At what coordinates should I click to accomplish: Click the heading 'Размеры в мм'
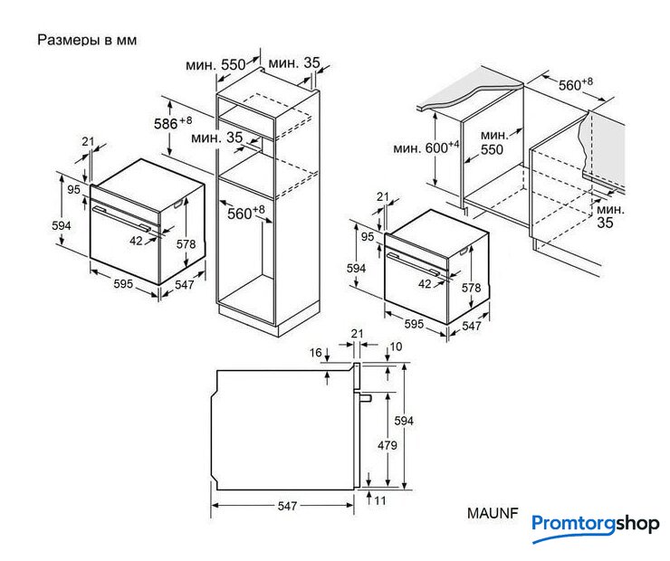87,40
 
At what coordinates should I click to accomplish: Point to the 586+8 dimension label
173,122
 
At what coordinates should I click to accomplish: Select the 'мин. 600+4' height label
426,147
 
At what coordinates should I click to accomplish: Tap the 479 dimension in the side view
388,445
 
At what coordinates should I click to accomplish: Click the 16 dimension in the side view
316,353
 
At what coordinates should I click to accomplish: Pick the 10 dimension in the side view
396,347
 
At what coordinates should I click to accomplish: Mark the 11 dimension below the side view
380,500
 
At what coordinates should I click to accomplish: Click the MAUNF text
493,513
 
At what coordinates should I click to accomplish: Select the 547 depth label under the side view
287,506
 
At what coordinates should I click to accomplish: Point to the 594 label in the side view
404,421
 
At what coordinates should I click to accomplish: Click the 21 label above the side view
358,334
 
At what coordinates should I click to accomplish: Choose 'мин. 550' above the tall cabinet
215,65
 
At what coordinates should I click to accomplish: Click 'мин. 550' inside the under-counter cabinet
493,143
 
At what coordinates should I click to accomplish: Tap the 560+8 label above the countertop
576,84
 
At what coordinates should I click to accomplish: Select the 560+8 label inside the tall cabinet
246,213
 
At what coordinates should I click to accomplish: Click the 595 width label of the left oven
123,283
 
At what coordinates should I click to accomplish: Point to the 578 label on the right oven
472,288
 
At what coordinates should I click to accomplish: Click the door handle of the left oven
122,218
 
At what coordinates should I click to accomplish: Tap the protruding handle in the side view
366,398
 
